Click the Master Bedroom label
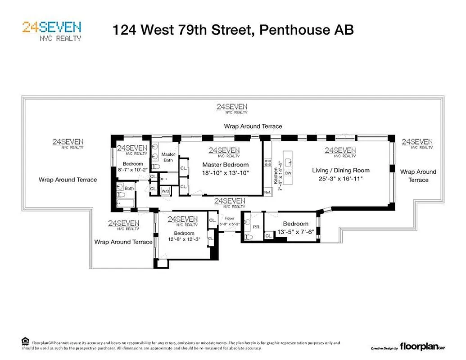(225, 165)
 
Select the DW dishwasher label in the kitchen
(288, 173)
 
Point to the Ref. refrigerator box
(267, 192)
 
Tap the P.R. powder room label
(257, 227)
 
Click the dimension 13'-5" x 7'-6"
(296, 232)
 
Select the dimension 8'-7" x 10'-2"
(132, 170)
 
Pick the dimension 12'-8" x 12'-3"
(184, 239)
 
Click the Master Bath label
(168, 157)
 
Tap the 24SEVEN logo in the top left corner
(52, 31)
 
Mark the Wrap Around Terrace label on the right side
(418, 175)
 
